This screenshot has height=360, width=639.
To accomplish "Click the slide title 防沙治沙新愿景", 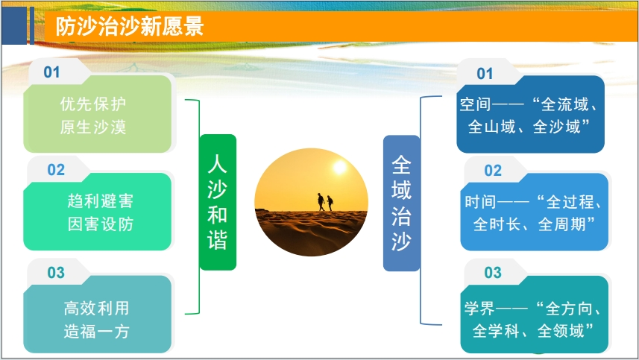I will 129,28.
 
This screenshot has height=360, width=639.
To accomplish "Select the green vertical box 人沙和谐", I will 217,202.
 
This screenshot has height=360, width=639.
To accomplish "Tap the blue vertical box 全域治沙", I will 401,203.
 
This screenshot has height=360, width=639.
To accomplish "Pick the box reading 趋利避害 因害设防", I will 97,212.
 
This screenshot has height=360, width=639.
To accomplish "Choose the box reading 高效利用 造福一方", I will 97,319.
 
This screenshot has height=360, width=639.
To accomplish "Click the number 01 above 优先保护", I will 52,72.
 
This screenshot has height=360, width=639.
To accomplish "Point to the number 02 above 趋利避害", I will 56,170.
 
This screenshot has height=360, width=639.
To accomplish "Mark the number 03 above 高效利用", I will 56,273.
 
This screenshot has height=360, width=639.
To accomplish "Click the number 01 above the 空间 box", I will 485,73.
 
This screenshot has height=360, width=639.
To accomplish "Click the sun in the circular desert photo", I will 340,168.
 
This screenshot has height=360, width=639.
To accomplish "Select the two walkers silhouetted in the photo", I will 325,202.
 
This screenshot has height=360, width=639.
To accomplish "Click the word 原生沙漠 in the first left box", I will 93,127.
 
